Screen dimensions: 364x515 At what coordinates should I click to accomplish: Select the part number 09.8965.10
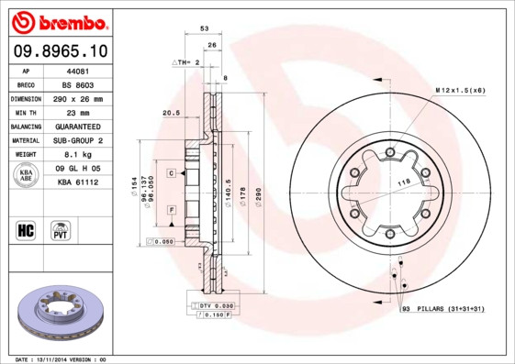pos(59,50)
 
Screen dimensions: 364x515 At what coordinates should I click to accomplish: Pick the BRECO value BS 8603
pos(77,83)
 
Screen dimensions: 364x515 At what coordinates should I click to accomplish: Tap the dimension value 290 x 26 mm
pos(77,97)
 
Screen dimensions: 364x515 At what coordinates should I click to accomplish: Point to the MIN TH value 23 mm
pos(77,112)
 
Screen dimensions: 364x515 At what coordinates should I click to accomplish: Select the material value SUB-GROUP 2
pos(77,140)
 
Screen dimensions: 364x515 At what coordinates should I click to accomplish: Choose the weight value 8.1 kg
pos(77,155)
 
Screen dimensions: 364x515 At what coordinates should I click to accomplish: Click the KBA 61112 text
pos(77,182)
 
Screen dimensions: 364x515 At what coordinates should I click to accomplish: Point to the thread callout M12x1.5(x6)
pos(459,91)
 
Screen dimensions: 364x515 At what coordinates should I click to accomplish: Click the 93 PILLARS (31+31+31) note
pos(442,310)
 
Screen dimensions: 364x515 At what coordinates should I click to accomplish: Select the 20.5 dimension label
pos(170,114)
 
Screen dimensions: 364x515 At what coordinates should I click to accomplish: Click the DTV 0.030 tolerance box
pos(212,305)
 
